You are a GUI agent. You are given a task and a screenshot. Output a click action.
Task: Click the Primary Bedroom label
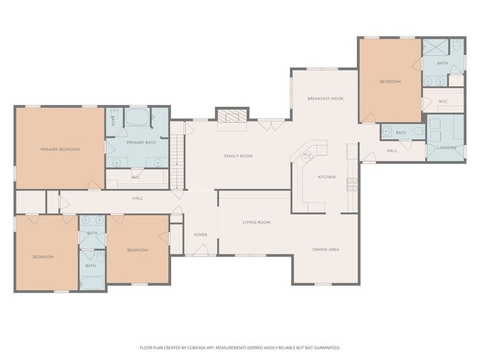[x=60, y=149]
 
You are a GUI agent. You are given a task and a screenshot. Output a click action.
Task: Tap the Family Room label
[x=238, y=156]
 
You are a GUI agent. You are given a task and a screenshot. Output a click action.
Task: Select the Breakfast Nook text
[x=326, y=99]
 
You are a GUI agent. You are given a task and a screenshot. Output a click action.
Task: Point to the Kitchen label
[x=327, y=177]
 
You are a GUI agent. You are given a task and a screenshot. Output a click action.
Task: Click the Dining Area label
[x=326, y=250]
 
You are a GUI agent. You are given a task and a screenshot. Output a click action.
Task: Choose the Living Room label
[x=257, y=222]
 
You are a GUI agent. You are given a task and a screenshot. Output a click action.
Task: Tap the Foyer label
[x=201, y=235]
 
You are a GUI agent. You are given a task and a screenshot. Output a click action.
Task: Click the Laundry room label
[x=447, y=147]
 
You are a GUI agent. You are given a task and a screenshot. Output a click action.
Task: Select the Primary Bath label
[x=141, y=143]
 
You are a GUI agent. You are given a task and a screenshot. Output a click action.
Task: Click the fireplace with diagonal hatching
[x=232, y=116]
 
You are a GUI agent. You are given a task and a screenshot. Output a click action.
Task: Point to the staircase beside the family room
[x=177, y=163]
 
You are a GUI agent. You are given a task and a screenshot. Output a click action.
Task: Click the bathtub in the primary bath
[x=137, y=116]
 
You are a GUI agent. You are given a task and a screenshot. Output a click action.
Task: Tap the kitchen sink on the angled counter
[x=306, y=156]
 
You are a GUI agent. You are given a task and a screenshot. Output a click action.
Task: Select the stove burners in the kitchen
[x=352, y=184]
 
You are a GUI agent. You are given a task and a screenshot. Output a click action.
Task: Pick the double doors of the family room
[x=271, y=125]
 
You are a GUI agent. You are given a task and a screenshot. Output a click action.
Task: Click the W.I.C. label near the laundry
[x=443, y=102]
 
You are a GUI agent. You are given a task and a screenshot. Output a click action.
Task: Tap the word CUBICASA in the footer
[x=198, y=348]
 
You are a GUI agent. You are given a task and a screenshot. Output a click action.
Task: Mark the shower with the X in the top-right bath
[x=435, y=47]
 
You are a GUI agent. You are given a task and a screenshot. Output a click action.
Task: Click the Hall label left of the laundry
[x=391, y=151]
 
